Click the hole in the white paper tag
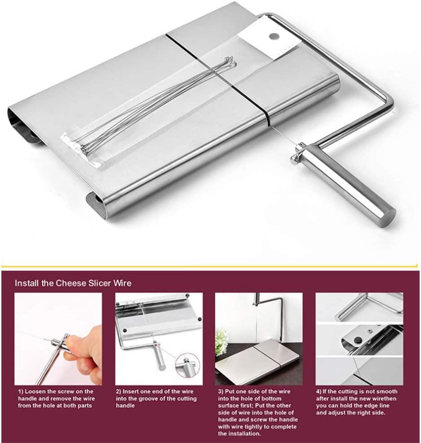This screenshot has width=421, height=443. (x=273, y=36)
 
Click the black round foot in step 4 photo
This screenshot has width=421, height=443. (x=358, y=340)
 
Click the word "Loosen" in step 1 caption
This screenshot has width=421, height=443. (x=36, y=391)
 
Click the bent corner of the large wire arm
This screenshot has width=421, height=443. (x=389, y=102)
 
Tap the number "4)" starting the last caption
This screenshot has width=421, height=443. (x=319, y=391)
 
